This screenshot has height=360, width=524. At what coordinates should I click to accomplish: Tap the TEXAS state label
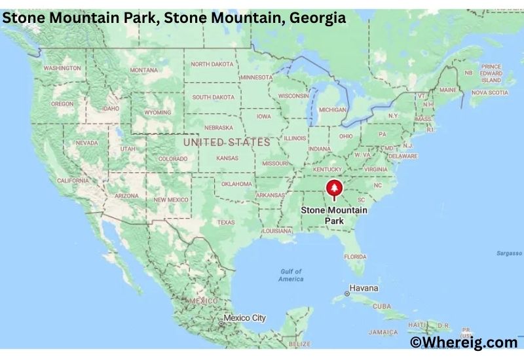click(x=225, y=223)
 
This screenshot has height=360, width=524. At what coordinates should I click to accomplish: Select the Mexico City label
click(x=245, y=318)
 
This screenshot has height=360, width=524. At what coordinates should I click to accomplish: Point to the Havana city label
click(x=364, y=288)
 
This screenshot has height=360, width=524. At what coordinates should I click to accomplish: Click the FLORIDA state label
click(x=356, y=256)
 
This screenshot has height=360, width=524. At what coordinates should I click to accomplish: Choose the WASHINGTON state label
click(x=62, y=68)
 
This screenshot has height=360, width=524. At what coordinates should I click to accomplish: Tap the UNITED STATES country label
click(x=227, y=142)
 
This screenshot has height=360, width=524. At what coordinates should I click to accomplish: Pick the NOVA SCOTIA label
click(x=490, y=93)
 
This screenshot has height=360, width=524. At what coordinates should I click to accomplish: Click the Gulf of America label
click(x=291, y=275)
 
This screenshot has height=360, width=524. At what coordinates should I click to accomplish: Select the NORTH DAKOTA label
click(x=212, y=63)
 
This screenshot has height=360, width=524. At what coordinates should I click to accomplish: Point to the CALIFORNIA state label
click(x=72, y=181)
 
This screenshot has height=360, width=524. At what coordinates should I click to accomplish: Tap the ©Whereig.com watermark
click(x=463, y=342)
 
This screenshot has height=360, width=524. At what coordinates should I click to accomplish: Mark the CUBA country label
click(x=381, y=306)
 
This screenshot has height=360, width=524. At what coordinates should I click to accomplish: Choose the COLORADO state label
click(x=173, y=158)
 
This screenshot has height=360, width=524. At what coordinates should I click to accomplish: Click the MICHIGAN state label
click(x=333, y=110)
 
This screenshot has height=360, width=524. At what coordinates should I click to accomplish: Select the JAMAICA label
click(x=383, y=332)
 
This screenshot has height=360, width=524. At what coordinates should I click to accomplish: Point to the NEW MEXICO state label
click(x=170, y=199)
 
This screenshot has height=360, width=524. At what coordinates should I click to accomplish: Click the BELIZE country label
click(x=300, y=344)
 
